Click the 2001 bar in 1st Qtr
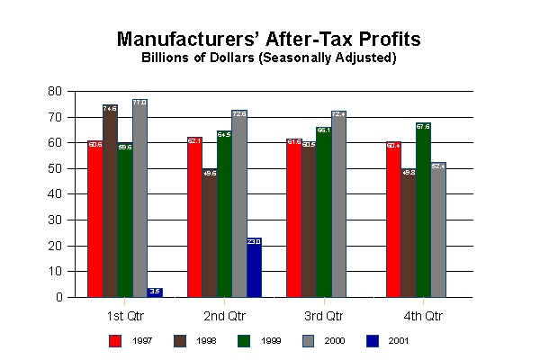click(x=155, y=292)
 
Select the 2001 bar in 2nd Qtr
click(x=254, y=267)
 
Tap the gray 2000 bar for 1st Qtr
click(x=139, y=198)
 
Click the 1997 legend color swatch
click(x=115, y=340)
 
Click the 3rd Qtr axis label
click(x=323, y=316)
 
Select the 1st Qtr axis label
click(x=124, y=316)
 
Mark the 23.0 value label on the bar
click(x=254, y=241)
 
